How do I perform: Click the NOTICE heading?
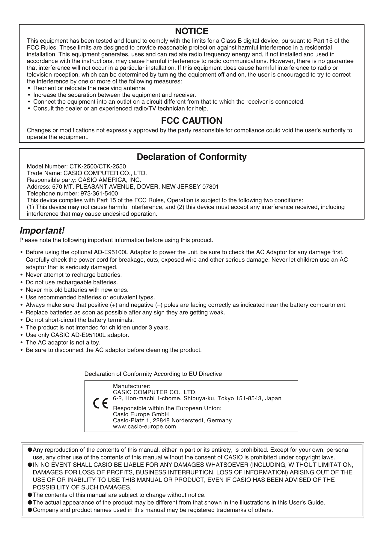(x=192, y=31)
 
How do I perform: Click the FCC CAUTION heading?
(x=192, y=121)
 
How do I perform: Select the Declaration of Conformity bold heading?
(x=192, y=157)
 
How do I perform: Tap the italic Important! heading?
(x=42, y=231)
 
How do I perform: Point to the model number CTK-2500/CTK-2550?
(x=98, y=166)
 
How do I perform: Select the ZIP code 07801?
(x=210, y=187)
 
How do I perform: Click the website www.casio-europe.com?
(x=144, y=426)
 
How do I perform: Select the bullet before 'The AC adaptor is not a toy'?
(x=22, y=343)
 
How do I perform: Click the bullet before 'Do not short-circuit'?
(x=22, y=320)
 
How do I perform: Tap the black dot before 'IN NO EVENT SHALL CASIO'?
(x=30, y=465)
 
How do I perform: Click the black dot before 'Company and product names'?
(x=30, y=510)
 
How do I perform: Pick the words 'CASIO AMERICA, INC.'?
(x=109, y=180)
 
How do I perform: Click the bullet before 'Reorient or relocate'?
(x=29, y=88)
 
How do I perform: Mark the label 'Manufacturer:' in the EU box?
(x=131, y=386)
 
